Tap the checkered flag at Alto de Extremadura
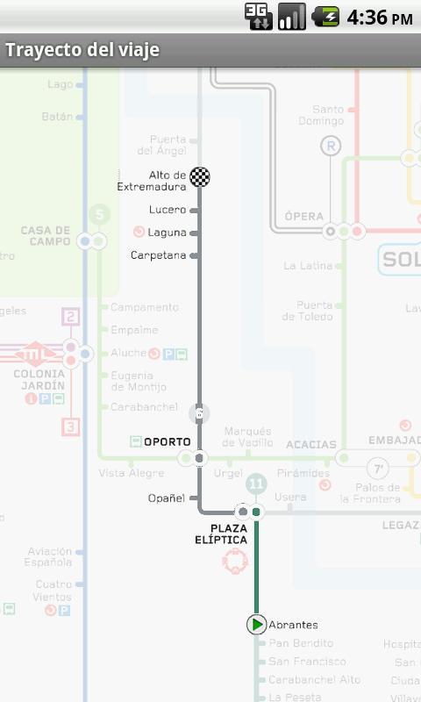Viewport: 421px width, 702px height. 200,176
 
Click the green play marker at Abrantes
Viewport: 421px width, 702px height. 256,625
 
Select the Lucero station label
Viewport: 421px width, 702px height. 168,210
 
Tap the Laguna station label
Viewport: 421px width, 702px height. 167,233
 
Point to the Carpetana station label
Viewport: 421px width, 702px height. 158,255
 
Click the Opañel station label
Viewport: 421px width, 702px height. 167,498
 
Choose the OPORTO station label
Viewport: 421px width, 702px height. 167,442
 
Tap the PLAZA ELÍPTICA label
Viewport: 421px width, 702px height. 221,534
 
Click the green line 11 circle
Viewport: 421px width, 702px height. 256,484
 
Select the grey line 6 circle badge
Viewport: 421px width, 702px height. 199,413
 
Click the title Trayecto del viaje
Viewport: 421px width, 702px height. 82,50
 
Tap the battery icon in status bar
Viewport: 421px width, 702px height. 325,17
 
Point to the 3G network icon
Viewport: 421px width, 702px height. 258,17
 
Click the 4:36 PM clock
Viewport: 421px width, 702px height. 379,18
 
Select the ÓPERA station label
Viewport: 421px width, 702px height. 303,216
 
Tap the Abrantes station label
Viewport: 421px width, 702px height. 293,625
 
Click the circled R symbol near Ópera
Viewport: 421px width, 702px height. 331,147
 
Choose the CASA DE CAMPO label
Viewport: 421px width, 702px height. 46,236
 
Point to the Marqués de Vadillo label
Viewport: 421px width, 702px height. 248,437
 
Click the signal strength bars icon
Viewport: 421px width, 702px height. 291,17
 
